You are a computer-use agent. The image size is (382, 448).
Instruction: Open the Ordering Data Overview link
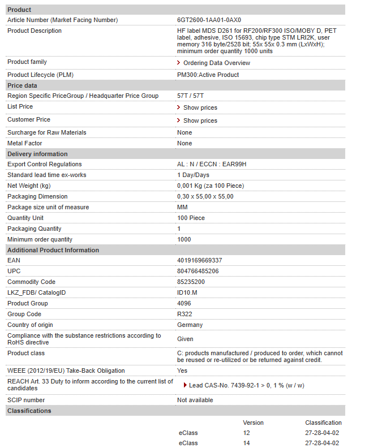[216, 63]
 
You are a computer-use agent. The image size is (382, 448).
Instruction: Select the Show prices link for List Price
[200, 107]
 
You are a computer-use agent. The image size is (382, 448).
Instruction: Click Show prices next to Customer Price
[200, 120]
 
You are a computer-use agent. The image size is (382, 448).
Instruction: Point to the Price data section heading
[22, 85]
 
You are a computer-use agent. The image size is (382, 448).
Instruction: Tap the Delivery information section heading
[37, 154]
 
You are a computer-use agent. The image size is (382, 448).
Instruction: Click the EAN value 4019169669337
[199, 261]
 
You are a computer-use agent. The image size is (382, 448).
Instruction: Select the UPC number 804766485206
[198, 272]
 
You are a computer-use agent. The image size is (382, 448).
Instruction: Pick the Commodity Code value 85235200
[191, 282]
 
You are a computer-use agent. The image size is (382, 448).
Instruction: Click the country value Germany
[190, 325]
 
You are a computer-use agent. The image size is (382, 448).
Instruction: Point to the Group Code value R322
[184, 315]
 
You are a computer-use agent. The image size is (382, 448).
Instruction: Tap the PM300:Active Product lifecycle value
[208, 75]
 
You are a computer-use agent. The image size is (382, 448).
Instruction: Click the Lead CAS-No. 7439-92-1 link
[246, 386]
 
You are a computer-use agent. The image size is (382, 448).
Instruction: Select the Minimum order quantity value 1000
[184, 240]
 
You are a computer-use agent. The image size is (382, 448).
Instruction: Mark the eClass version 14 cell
[246, 443]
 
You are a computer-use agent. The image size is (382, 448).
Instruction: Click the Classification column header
[323, 423]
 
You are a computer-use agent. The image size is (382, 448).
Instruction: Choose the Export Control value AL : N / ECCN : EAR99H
[212, 165]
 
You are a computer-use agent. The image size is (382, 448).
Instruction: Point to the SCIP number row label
[26, 400]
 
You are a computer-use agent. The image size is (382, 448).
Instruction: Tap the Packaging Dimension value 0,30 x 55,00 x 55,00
[205, 197]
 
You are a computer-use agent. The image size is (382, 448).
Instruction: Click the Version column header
[253, 423]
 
